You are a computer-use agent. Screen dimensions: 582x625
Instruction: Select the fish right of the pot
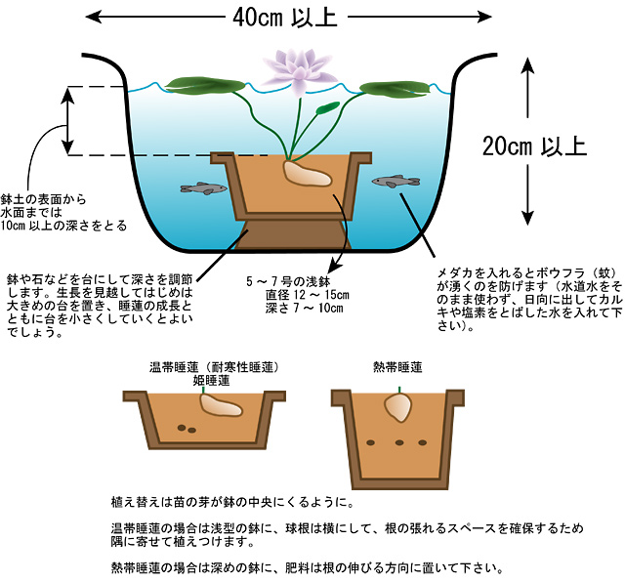coord(396,181)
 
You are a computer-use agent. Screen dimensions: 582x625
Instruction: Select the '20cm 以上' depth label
coord(534,146)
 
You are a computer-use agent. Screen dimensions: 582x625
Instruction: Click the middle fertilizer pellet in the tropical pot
coord(400,442)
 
